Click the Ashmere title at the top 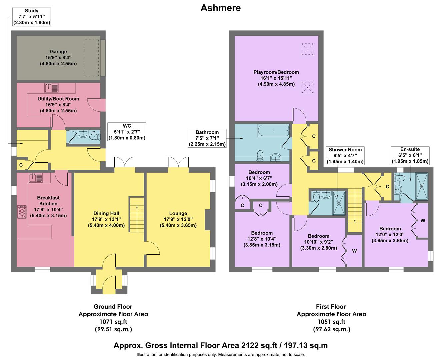click(220, 8)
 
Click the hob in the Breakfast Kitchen click(22, 211)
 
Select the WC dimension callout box click(127, 132)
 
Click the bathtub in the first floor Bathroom click(273, 130)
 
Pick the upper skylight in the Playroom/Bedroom click(307, 49)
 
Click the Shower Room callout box click(345, 156)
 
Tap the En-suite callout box click(410, 155)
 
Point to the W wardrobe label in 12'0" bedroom click(423, 221)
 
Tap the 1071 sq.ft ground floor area click(113, 322)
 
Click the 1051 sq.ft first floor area click(331, 322)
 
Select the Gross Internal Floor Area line click(220, 345)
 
